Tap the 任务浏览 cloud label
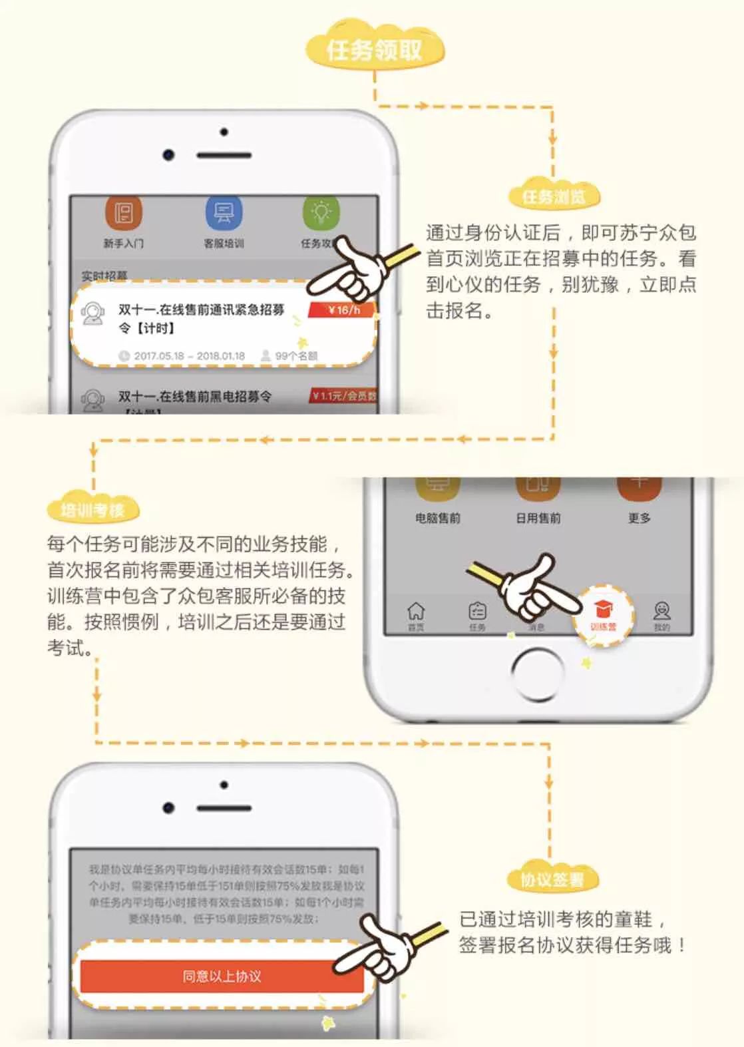[554, 196]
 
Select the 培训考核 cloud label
[93, 511]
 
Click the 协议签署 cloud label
[552, 880]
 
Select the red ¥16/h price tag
[343, 310]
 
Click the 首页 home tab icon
[416, 612]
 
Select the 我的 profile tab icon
[661, 612]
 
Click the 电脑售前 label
[438, 518]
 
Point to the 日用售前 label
[538, 518]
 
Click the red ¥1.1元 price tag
[343, 396]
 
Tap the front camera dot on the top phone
[168, 155]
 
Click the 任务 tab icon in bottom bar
[477, 612]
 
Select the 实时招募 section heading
[104, 275]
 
